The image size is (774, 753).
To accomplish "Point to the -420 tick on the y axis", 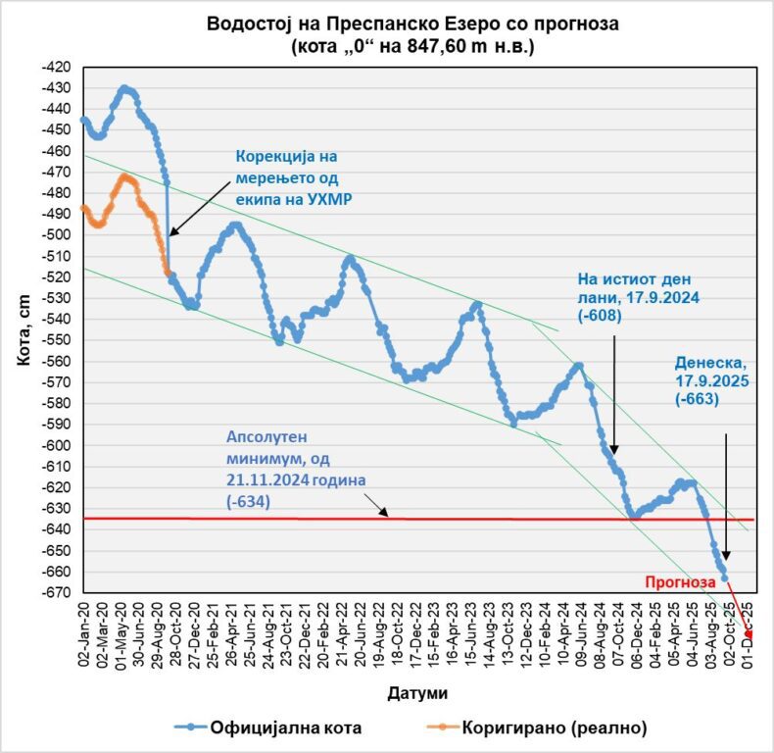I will [x=59, y=67].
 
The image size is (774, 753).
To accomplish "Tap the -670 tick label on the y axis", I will [x=59, y=593].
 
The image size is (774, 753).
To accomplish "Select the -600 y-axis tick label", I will [x=59, y=445].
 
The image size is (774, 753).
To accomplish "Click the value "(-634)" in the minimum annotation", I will [x=249, y=502].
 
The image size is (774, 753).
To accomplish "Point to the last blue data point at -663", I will [x=725, y=578].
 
